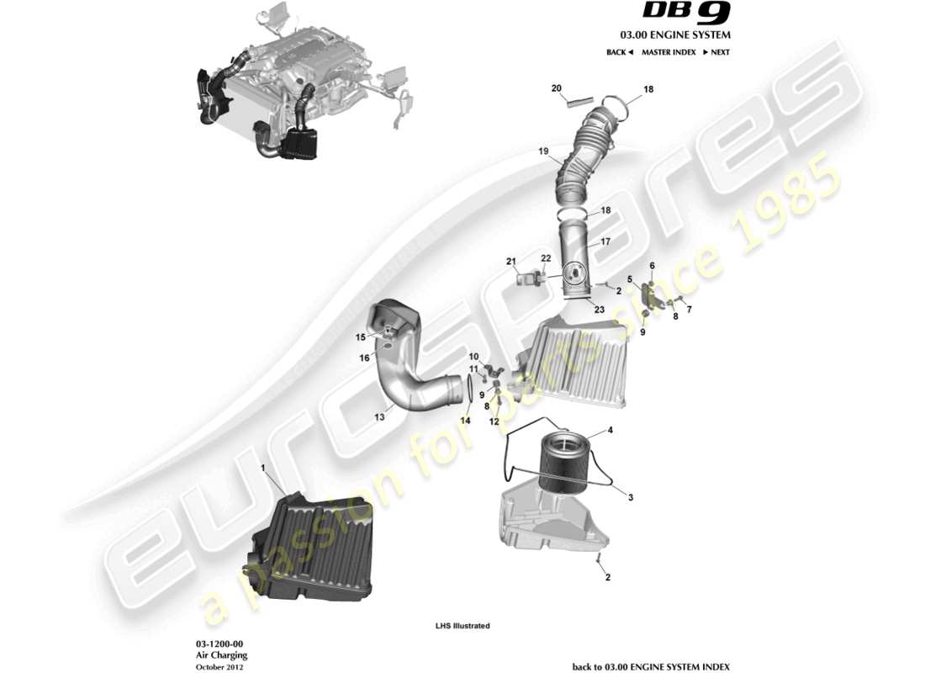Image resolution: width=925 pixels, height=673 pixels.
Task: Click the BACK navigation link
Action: click(x=619, y=52)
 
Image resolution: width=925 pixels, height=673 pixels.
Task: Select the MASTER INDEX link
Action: click(x=668, y=52)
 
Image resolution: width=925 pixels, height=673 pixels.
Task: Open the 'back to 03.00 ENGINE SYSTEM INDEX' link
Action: click(x=651, y=666)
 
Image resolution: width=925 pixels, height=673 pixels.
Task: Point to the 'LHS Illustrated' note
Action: click(x=462, y=626)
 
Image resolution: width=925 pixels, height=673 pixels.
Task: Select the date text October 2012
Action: click(x=220, y=666)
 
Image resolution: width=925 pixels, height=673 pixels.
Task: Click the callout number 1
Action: click(x=262, y=467)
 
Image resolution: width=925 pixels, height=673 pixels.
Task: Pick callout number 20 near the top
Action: click(x=556, y=88)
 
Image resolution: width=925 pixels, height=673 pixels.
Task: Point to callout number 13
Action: click(x=379, y=416)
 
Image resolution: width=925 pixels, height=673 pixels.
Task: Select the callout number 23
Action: click(x=600, y=309)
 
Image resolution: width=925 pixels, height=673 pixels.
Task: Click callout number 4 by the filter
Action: click(x=610, y=431)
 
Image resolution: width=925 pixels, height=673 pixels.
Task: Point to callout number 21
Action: click(x=510, y=262)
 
